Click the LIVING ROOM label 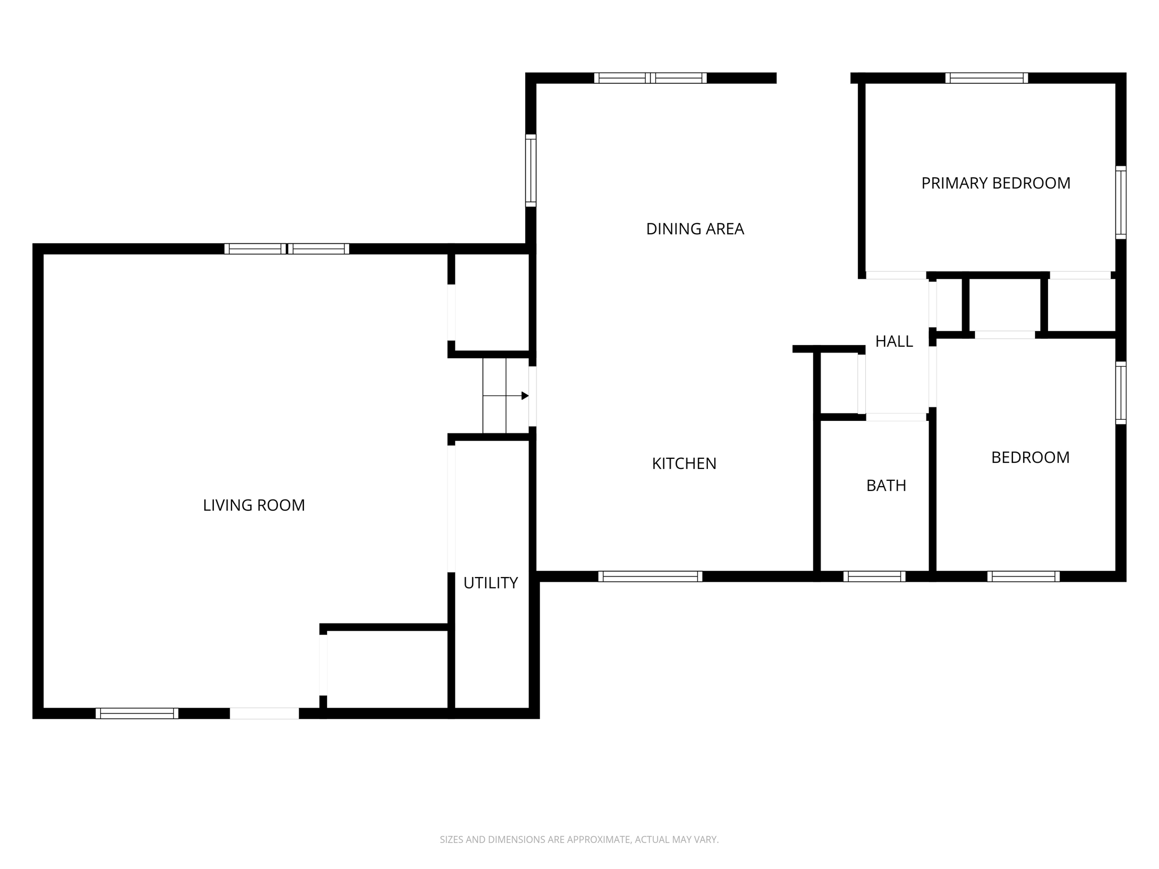pyautogui.click(x=254, y=505)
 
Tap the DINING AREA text pyautogui.click(x=694, y=229)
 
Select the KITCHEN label pyautogui.click(x=684, y=464)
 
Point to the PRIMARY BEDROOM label pyautogui.click(x=995, y=183)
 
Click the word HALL pyautogui.click(x=894, y=341)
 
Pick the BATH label pyautogui.click(x=886, y=485)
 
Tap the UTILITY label pyautogui.click(x=490, y=583)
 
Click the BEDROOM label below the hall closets pyautogui.click(x=1030, y=457)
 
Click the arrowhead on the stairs pyautogui.click(x=525, y=396)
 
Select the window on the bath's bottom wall pyautogui.click(x=874, y=577)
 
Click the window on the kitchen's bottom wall pyautogui.click(x=650, y=577)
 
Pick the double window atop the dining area pyautogui.click(x=650, y=78)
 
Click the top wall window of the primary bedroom pyautogui.click(x=986, y=78)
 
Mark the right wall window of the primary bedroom pyautogui.click(x=1121, y=202)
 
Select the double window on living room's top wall pyautogui.click(x=286, y=249)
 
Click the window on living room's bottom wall pyautogui.click(x=136, y=713)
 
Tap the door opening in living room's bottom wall pyautogui.click(x=264, y=713)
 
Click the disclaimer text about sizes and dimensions pyautogui.click(x=579, y=840)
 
